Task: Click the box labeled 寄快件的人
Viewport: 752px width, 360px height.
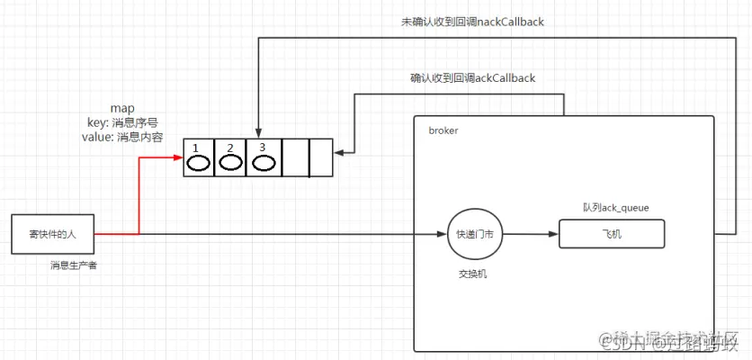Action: [x=52, y=234]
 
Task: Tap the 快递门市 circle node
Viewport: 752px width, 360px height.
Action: [x=474, y=235]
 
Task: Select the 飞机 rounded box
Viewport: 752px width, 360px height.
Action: [x=612, y=234]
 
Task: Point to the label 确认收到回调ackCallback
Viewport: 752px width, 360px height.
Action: [x=472, y=78]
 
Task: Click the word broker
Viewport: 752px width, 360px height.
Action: [x=443, y=130]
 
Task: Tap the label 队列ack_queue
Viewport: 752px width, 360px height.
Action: [x=616, y=208]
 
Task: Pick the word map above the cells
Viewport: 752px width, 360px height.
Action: [x=122, y=108]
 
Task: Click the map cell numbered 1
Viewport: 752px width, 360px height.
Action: [x=199, y=157]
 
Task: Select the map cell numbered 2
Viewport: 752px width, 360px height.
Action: [x=230, y=157]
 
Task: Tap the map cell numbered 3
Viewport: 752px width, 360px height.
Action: [x=263, y=157]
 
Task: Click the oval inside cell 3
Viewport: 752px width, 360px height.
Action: [x=263, y=163]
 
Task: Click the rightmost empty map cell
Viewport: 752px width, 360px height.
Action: [x=321, y=157]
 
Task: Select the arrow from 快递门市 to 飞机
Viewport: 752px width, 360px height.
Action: [x=529, y=235]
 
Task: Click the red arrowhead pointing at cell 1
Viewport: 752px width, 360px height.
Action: [x=178, y=157]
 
